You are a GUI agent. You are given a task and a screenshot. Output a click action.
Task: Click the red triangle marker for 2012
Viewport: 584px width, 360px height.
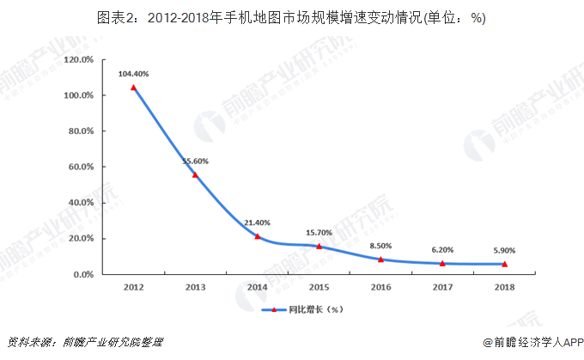(133, 88)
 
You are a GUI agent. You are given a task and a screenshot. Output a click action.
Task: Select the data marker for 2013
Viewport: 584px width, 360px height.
(195, 175)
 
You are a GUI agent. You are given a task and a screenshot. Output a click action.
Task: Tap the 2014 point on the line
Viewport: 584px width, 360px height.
(257, 236)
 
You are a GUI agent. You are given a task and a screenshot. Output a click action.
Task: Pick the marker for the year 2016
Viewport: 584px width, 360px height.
(380, 259)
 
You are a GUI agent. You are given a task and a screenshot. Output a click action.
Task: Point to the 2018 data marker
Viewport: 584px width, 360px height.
(504, 264)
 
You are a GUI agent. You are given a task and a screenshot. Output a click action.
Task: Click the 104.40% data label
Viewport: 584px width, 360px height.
(133, 74)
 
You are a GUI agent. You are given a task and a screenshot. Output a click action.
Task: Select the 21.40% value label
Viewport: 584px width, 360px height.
(257, 223)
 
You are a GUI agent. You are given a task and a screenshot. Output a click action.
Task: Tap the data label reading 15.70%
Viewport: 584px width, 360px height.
(319, 233)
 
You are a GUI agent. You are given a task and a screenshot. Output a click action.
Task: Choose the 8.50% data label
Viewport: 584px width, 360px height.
(380, 246)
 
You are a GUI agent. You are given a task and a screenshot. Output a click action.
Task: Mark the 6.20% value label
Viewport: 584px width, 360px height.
(442, 250)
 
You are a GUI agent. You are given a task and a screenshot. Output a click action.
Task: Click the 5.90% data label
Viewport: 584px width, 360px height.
(504, 250)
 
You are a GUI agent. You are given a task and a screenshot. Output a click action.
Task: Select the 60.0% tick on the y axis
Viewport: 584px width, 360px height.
(80, 167)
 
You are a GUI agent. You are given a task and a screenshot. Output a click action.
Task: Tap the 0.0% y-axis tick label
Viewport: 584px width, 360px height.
(82, 274)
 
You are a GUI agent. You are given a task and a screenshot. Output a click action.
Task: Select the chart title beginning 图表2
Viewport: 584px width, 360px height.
(291, 18)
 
